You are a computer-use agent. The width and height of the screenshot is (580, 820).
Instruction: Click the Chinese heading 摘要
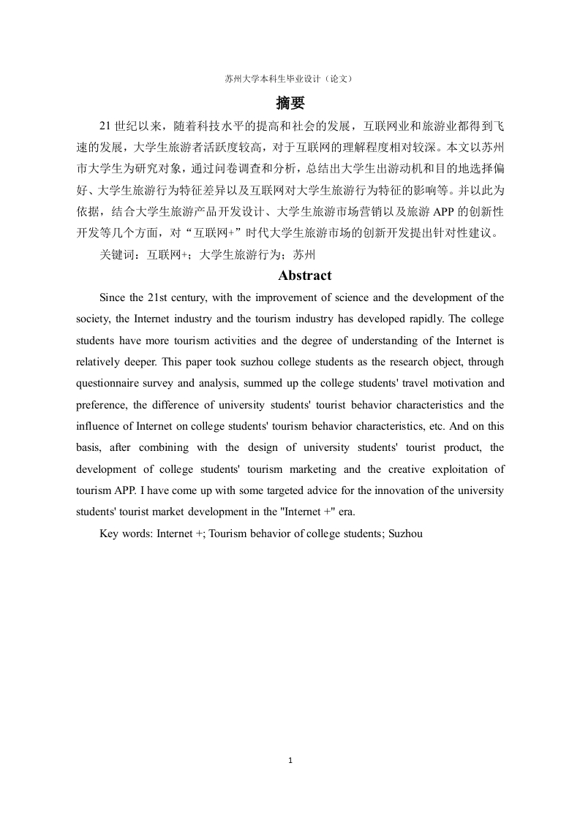coord(290,102)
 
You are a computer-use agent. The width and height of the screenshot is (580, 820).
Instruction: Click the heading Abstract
coord(304,276)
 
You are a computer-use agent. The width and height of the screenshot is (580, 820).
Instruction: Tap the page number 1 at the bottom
coord(290,761)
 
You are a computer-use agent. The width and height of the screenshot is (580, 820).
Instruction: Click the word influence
coord(98,426)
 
